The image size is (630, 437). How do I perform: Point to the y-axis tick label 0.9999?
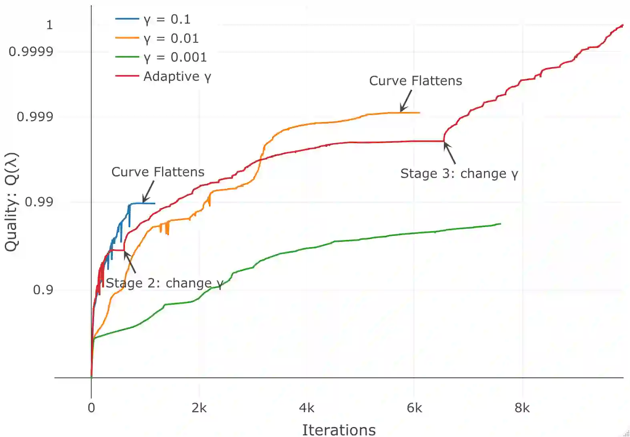pos(31,52)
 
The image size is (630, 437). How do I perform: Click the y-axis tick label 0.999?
pos(35,117)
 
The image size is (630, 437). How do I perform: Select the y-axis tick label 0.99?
pos(39,202)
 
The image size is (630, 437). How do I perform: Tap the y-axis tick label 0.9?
pos(43,289)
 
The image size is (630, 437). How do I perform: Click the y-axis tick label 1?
pos(49,25)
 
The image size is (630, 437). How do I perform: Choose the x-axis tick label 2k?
pos(199,408)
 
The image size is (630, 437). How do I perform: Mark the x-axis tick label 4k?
pos(307,408)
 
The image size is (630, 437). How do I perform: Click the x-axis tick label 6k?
pos(414,408)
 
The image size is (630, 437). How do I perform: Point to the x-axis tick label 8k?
pos(522,408)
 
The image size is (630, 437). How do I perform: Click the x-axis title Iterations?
pos(339,430)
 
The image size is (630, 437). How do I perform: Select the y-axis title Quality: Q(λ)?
pos(12,202)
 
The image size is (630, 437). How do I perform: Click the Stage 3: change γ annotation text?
pos(459,174)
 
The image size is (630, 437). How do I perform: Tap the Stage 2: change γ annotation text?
pos(164,283)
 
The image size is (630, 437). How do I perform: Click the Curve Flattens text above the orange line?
pos(415,81)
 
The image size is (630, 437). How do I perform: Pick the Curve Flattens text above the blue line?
pos(158,172)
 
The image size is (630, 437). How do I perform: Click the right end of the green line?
pos(500,223)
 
